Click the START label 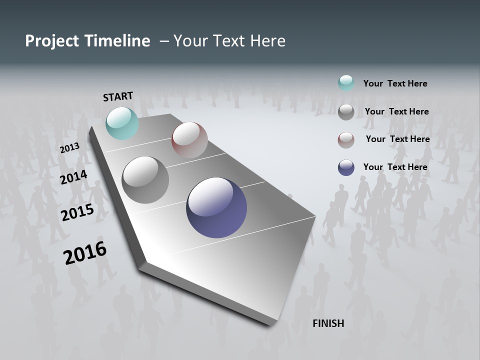118,96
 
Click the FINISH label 328,323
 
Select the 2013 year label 69,148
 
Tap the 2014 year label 73,177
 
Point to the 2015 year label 77,212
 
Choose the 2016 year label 84,253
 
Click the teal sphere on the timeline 122,123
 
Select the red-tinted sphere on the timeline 189,139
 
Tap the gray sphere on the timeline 145,180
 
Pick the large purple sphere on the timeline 216,207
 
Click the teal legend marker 346,83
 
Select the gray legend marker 346,112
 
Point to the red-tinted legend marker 346,140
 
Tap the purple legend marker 346,167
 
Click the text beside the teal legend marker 395,83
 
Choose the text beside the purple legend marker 395,167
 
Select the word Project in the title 48,41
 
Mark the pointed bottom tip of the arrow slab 270,324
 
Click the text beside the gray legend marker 396,111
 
